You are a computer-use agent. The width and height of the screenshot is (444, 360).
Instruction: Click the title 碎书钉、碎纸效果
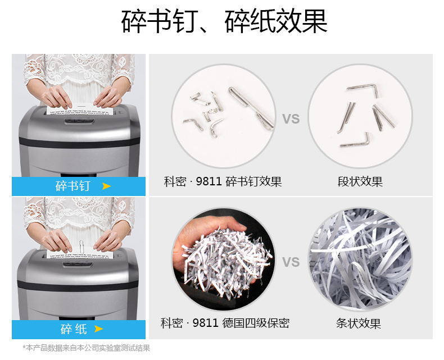coord(224,21)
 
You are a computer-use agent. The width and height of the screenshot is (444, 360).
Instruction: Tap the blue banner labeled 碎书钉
coord(79,186)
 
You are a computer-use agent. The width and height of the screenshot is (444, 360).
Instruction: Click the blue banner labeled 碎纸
coord(79,330)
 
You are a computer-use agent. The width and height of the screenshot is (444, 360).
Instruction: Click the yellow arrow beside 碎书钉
coord(106,186)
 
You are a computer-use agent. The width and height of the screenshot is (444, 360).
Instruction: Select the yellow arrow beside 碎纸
coord(98,329)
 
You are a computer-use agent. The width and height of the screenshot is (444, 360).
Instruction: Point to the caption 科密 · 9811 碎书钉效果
coord(223,181)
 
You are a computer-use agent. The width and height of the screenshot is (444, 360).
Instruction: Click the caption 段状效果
coord(360,181)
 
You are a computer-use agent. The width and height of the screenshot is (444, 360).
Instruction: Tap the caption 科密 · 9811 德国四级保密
coord(225,323)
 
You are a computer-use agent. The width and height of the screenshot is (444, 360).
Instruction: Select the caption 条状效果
coord(359,323)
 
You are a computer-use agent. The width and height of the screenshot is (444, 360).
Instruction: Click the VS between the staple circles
coord(291,119)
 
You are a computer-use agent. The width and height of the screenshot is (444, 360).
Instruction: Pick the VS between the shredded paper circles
coord(291,262)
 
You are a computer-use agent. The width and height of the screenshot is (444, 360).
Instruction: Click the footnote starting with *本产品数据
coord(87,348)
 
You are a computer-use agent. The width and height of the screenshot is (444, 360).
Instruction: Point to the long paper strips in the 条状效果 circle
coord(360,259)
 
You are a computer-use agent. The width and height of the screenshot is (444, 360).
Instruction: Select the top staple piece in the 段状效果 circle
coord(363,88)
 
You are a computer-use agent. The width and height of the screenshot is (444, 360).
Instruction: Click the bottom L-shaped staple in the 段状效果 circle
coord(355,140)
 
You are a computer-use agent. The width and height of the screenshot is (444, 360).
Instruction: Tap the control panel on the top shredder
coord(79,121)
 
